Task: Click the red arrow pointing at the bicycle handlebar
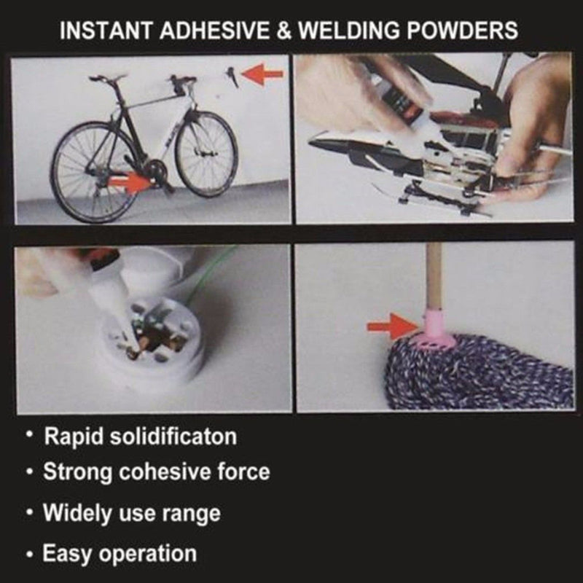(x=262, y=74)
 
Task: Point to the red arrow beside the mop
(x=389, y=326)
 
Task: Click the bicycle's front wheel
(x=206, y=154)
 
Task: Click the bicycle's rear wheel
(x=85, y=172)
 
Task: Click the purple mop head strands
(x=481, y=375)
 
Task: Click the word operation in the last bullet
(x=151, y=553)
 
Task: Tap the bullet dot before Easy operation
(x=29, y=555)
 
